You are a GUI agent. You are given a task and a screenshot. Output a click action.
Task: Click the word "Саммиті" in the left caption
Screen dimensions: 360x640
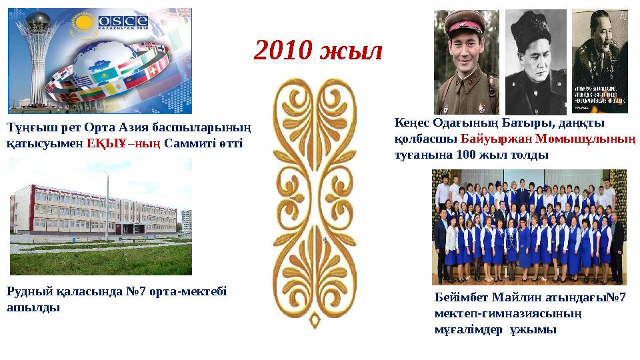point(187,143)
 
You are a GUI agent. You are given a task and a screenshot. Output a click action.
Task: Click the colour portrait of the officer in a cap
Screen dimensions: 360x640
point(466,61)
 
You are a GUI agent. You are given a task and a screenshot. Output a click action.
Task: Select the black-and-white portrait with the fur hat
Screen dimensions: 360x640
point(535,61)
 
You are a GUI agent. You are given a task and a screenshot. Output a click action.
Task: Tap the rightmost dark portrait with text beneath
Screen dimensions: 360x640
point(599,61)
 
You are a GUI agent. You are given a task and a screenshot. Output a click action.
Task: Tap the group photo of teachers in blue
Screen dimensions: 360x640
point(529,227)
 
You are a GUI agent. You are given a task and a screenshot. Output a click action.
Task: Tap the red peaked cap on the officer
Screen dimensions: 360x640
point(466,25)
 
